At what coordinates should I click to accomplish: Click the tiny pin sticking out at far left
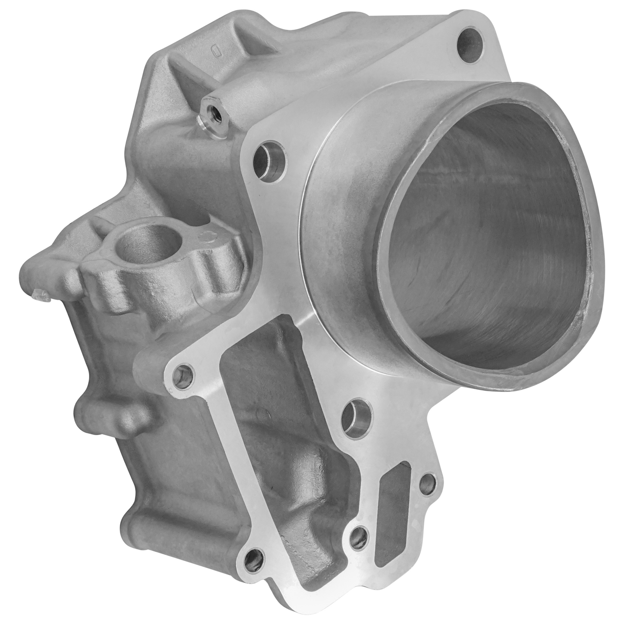[x=41, y=296]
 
